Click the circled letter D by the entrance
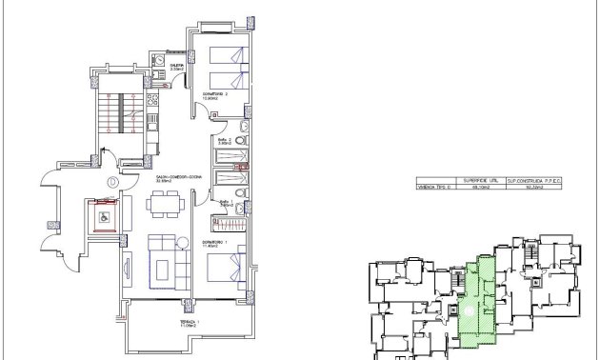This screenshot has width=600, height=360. tap(113, 181)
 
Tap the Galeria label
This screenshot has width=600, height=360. tap(175, 67)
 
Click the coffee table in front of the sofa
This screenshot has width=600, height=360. tap(162, 264)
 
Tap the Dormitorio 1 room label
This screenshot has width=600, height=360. tap(210, 244)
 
